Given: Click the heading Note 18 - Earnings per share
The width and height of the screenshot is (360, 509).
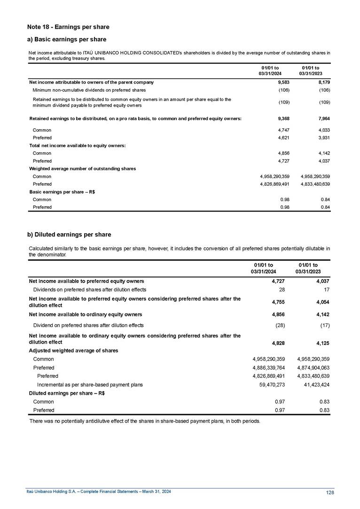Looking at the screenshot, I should coord(68,27).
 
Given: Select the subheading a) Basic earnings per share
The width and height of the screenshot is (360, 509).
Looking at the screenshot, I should coord(67,39).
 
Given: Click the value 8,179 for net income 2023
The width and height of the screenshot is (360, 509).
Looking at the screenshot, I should coord(324,82).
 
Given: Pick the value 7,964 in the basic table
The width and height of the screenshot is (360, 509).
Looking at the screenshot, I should coord(324,118).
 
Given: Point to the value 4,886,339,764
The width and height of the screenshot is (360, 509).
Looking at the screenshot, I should coord(269,368).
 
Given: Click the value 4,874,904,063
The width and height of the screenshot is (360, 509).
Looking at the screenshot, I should coord(313,368).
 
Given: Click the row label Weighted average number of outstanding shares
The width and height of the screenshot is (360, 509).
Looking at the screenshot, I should coord(82,168).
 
